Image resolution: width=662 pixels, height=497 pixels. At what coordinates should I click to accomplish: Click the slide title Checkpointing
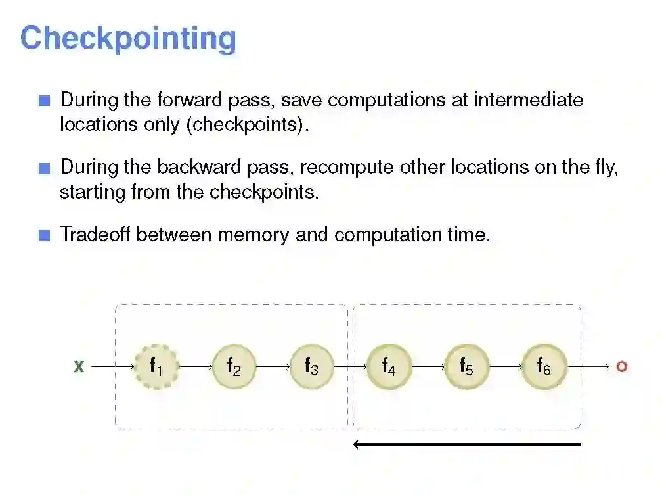[x=128, y=38]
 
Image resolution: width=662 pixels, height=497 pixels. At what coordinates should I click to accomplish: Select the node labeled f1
[x=156, y=366]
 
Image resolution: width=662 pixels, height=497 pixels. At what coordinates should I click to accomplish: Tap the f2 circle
[x=233, y=366]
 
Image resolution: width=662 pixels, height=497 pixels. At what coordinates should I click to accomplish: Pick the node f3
[x=311, y=366]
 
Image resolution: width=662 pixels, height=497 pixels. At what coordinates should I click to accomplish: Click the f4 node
[x=389, y=366]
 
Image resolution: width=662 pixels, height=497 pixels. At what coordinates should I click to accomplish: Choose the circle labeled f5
[x=466, y=366]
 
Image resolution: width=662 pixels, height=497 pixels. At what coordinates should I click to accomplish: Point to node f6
[x=544, y=366]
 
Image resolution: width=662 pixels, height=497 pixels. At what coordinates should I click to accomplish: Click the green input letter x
[x=79, y=367]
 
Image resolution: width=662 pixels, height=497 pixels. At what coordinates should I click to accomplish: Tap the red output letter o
[x=621, y=367]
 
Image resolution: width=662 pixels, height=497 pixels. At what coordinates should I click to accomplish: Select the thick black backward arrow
[x=467, y=444]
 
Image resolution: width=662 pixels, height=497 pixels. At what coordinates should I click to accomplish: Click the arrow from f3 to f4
[x=350, y=366]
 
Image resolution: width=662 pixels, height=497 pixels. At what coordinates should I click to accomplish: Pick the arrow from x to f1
[x=112, y=366]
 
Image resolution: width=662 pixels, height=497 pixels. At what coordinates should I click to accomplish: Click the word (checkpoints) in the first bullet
[x=247, y=124]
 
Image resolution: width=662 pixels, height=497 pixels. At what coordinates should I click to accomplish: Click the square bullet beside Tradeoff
[x=44, y=236]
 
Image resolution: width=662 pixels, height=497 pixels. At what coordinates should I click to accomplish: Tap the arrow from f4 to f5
[x=428, y=366]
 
